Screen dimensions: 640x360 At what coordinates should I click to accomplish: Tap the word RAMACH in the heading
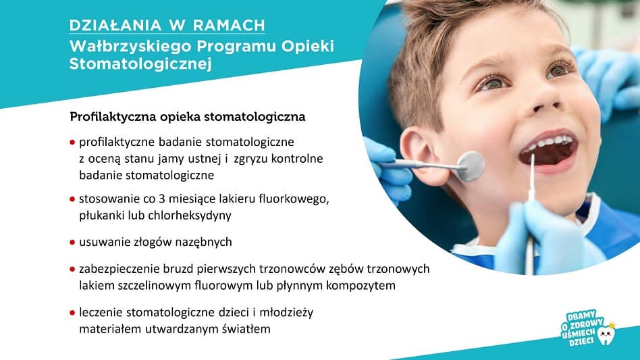click(229, 25)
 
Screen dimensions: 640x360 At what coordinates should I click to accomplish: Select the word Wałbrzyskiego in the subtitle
click(130, 47)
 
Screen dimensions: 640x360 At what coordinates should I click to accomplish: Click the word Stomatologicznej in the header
click(140, 64)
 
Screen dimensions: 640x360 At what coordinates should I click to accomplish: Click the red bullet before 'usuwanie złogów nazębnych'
click(72, 242)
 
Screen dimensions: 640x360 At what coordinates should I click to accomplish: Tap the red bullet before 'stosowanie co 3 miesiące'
click(72, 199)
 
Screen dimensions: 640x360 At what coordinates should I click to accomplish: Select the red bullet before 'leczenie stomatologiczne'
click(72, 313)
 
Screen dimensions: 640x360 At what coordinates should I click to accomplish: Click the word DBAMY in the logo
click(581, 316)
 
